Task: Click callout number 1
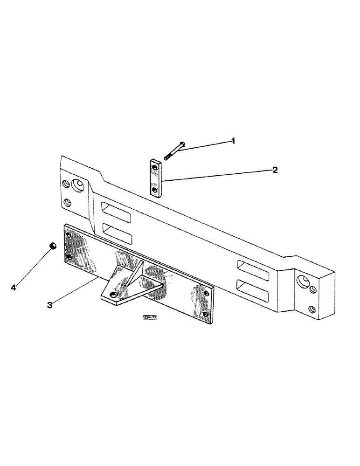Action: pyautogui.click(x=234, y=140)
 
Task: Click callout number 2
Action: pyautogui.click(x=275, y=170)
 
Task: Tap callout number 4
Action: pyautogui.click(x=13, y=288)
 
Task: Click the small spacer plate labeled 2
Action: pyautogui.click(x=156, y=178)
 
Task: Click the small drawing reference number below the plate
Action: pyautogui.click(x=150, y=318)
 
